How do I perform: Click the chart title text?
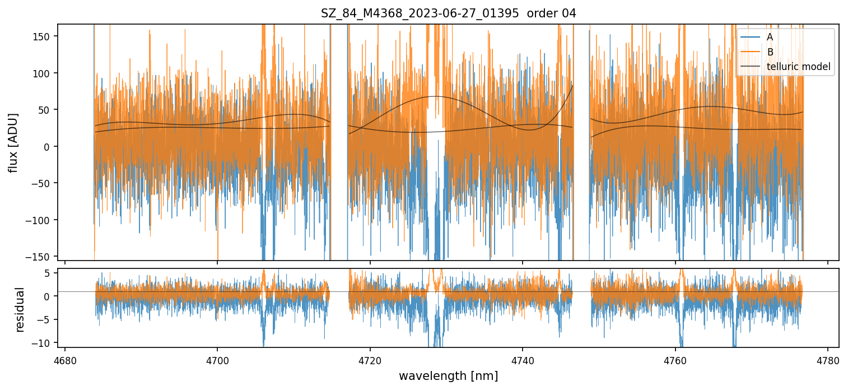tap(448, 13)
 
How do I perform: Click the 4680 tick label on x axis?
tap(65, 360)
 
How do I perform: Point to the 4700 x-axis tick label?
tap(217, 360)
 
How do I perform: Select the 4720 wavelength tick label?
tap(370, 360)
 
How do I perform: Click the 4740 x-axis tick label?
tap(523, 360)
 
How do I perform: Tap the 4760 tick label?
tap(675, 360)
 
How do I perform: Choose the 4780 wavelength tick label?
tap(828, 360)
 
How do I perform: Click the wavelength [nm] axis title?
tap(448, 375)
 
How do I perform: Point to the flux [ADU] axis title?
tap(13, 142)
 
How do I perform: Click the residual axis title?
tap(20, 309)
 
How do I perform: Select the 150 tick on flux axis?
tap(43, 36)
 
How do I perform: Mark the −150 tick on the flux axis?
tap(41, 257)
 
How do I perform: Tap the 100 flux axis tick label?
tap(43, 73)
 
